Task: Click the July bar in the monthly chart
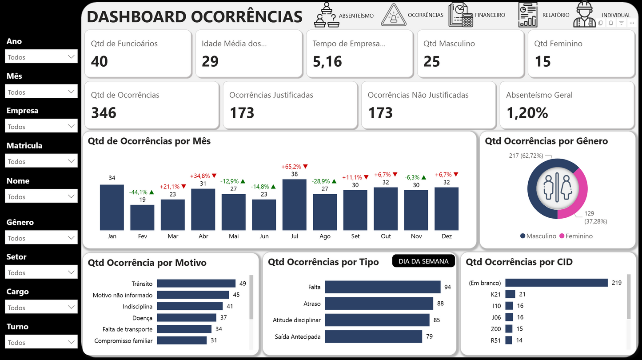tap(294, 204)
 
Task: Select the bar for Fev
tap(142, 217)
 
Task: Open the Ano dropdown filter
tap(41, 57)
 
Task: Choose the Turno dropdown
tap(41, 342)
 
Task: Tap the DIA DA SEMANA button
tap(423, 261)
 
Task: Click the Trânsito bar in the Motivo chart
tap(196, 284)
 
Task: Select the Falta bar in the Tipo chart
tap(383, 287)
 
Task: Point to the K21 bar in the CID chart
tap(510, 294)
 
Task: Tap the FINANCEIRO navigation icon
tap(461, 15)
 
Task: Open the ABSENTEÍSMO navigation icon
tap(327, 15)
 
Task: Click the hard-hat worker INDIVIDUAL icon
tap(584, 15)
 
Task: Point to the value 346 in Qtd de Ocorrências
tap(104, 113)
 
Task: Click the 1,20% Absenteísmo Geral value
tap(527, 113)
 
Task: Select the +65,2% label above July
tap(291, 167)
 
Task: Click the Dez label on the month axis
tap(447, 236)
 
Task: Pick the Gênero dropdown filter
tap(41, 238)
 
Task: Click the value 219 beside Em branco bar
tap(616, 283)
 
